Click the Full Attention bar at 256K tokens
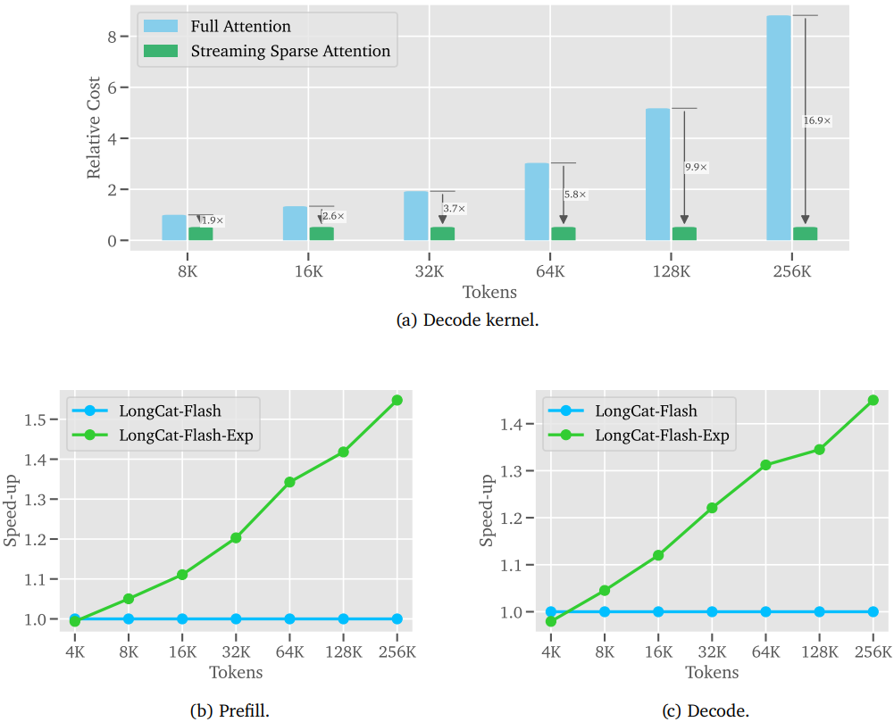[779, 128]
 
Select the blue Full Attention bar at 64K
[537, 202]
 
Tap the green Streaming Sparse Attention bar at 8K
[201, 234]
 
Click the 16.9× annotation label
[817, 120]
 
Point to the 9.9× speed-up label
[696, 167]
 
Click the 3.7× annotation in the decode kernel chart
[455, 208]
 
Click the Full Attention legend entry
[240, 27]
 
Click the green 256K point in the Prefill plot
[397, 400]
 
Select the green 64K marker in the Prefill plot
[289, 482]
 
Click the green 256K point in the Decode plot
[873, 400]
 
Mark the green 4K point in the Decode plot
[551, 621]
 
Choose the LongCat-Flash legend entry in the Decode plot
[646, 411]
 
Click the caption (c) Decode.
[706, 710]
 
